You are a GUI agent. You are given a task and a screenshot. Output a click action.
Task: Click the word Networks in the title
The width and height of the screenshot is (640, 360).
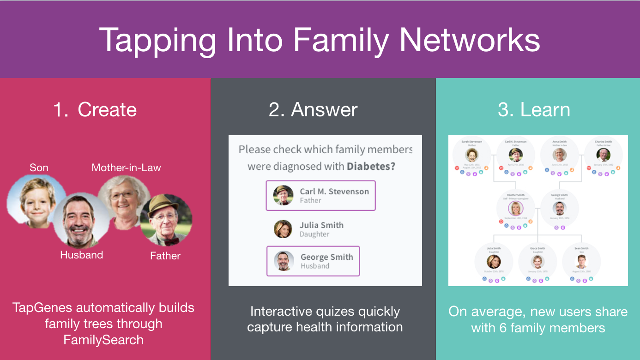point(470,40)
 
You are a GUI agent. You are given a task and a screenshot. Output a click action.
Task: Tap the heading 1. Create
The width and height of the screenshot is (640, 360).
point(95,110)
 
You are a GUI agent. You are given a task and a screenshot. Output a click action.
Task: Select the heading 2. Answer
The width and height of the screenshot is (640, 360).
point(313,110)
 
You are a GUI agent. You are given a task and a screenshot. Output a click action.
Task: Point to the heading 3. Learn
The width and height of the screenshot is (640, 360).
point(534,110)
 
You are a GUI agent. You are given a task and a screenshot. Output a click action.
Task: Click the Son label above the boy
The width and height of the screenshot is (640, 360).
point(39,168)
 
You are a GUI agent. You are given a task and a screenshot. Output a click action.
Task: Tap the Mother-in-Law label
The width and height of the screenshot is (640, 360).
point(126,168)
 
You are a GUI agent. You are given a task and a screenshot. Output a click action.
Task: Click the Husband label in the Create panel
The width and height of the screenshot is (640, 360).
point(81,255)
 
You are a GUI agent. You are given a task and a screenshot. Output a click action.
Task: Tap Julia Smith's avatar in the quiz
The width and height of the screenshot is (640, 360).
point(283,229)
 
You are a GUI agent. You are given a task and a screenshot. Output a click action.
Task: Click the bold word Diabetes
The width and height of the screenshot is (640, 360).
point(371,166)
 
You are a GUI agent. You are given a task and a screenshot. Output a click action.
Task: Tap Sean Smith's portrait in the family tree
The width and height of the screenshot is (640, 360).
point(581,262)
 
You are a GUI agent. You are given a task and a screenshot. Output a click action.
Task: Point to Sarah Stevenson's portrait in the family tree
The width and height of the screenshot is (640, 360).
point(471,155)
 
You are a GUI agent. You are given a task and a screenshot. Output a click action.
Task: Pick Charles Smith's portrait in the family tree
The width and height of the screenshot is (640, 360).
point(603,155)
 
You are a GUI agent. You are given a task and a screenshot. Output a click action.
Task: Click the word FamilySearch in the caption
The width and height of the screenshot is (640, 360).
point(103,340)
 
